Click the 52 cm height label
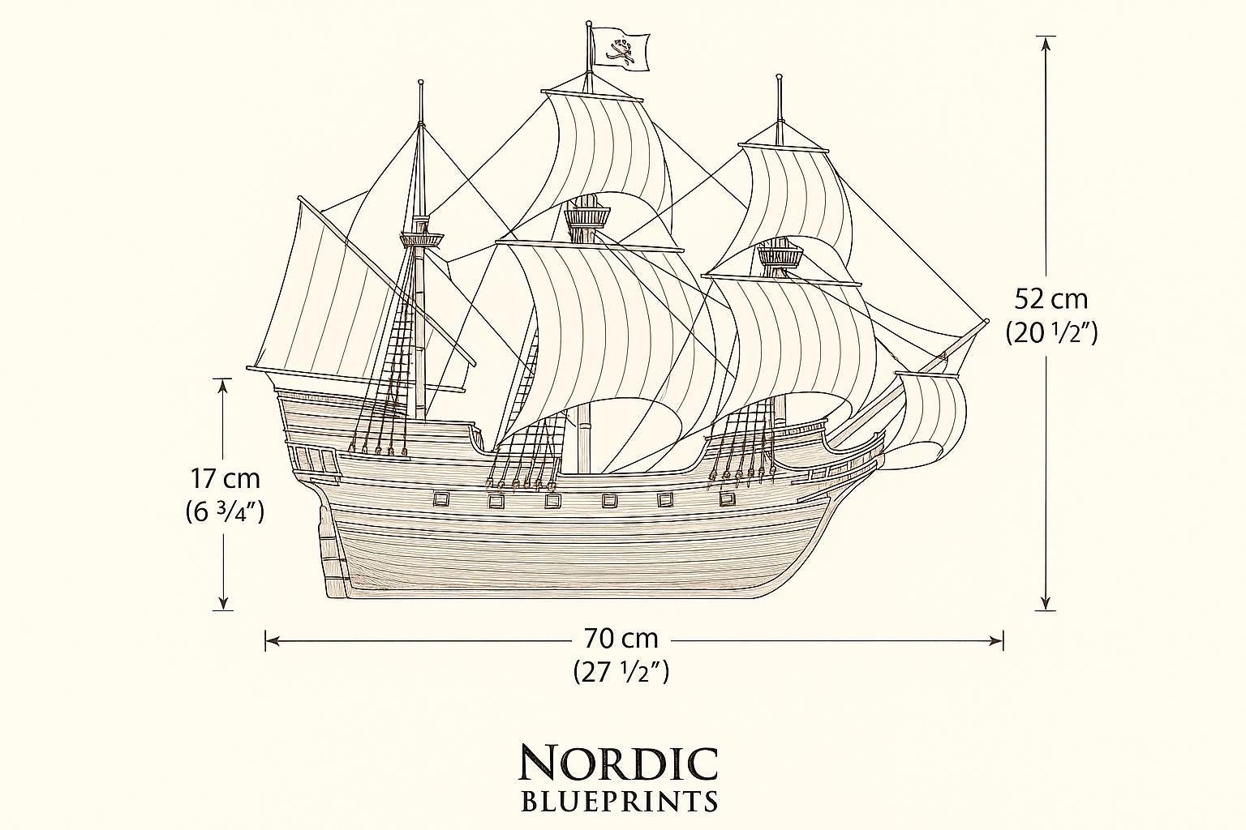point(1051,299)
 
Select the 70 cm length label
point(621,638)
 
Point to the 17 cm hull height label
point(226,478)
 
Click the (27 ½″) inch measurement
point(621,671)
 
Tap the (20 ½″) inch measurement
point(1051,333)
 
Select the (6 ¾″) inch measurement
point(225,512)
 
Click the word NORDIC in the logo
point(618,763)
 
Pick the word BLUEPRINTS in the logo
point(619,802)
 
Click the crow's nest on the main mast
point(587,215)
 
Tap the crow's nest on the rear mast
point(422,240)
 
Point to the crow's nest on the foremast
point(780,256)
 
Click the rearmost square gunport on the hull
point(441,499)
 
